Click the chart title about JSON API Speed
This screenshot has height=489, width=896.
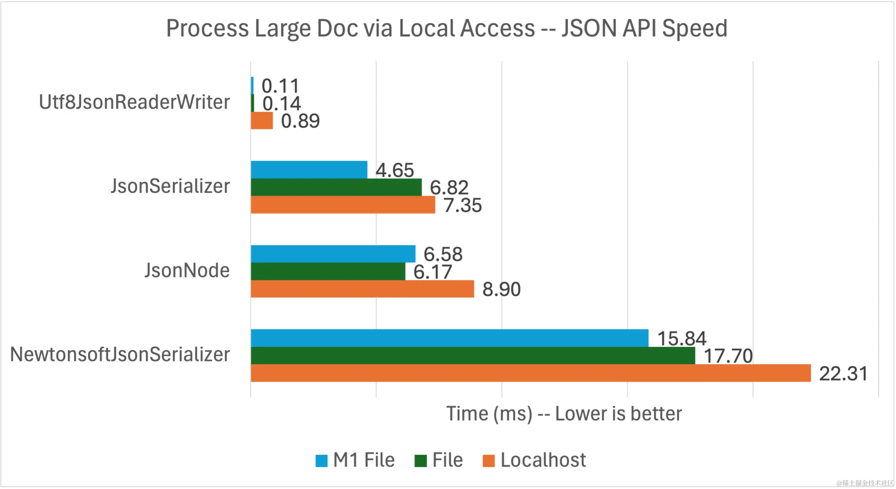pos(447,28)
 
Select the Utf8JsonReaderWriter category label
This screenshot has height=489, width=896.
pos(134,102)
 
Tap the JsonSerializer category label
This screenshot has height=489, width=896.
pos(170,186)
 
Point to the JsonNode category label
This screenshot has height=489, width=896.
pos(187,270)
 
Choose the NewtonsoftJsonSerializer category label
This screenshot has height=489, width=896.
pos(120,355)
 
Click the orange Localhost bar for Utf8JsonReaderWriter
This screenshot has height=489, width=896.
pos(262,121)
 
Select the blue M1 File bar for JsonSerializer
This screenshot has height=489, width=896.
pos(309,169)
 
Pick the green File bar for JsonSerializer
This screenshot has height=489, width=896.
pos(336,187)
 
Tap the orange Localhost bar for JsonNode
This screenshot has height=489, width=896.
pos(362,289)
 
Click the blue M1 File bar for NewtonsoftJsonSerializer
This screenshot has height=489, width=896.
pos(449,338)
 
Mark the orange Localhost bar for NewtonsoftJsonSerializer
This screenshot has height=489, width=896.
pos(530,373)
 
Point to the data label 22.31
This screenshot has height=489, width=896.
pos(843,374)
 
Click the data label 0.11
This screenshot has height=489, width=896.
pos(280,86)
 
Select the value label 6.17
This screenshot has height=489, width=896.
pos(433,272)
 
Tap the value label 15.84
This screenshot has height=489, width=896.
pos(682,339)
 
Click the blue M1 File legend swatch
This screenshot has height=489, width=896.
pos(321,461)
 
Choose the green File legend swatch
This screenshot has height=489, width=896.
pos(420,461)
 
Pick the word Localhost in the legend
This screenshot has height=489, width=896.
pos(543,460)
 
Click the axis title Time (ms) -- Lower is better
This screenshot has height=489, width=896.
pos(564,414)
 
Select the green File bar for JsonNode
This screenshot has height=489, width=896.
pos(328,271)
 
